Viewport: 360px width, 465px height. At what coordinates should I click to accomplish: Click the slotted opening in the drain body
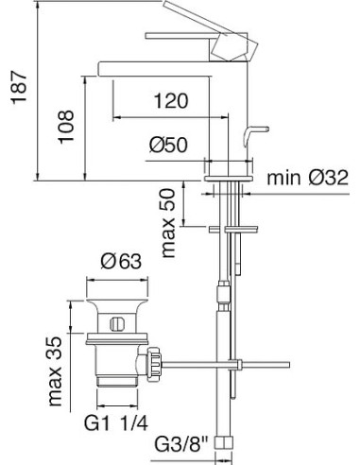tap(115, 324)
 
